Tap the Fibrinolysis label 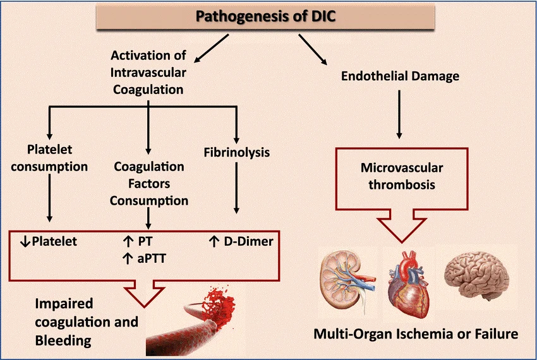[x=237, y=152]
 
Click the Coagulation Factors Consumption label [x=150, y=184]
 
